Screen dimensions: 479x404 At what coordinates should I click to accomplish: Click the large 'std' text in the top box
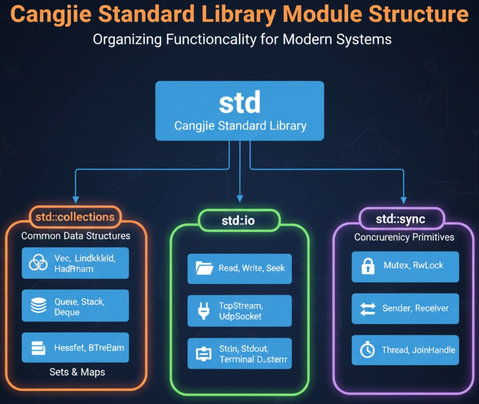coord(239,102)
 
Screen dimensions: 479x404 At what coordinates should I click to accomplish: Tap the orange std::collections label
coord(75,217)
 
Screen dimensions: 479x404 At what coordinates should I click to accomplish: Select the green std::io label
coord(238,221)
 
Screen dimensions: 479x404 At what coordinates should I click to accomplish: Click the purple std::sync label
coord(400,219)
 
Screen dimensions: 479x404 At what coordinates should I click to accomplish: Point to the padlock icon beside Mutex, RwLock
coord(368,266)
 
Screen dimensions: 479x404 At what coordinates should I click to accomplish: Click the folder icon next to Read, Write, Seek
coord(204,268)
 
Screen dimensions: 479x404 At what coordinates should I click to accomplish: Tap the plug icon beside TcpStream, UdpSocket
coord(203,311)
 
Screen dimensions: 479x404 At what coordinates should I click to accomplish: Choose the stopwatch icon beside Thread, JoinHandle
coord(367,350)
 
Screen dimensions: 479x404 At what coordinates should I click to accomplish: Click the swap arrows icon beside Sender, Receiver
coord(368,309)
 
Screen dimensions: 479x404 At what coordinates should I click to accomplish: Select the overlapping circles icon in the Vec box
coord(38,263)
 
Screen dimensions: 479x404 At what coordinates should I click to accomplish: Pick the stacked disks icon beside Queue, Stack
coord(38,305)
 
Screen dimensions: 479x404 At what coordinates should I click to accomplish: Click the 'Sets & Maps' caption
coord(77,372)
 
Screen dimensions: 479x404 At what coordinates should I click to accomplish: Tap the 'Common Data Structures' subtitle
coord(75,236)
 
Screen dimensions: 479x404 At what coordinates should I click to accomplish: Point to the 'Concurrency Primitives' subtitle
coord(404,237)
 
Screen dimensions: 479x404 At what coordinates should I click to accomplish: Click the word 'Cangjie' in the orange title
coord(51,14)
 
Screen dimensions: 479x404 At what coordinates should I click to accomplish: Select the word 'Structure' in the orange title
coord(418,14)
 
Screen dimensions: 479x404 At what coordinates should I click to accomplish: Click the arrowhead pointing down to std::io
coord(240,198)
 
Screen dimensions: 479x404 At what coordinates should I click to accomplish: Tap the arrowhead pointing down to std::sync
coord(404,200)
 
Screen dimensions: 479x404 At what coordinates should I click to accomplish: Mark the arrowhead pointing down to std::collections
coord(75,200)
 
